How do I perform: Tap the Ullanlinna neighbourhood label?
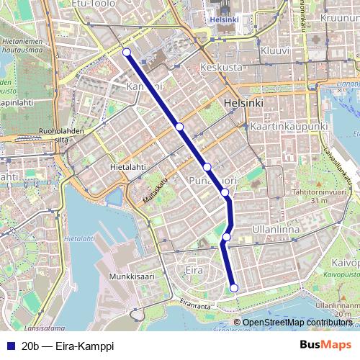276,229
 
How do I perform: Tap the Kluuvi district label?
275,52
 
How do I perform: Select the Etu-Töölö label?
95,4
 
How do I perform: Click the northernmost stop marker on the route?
127,52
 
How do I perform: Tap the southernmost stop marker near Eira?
234,289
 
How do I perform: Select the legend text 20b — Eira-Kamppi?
68,346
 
